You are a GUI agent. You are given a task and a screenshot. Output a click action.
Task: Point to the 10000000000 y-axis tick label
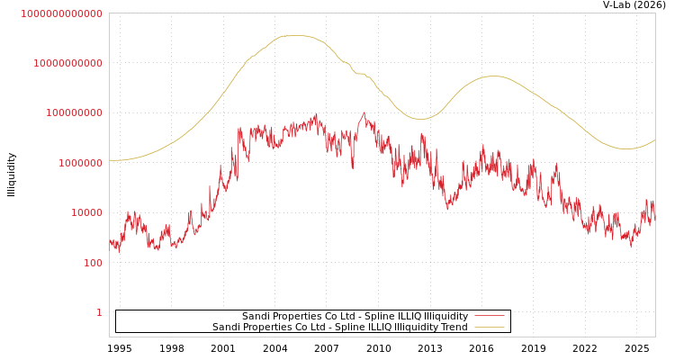[x=67, y=63]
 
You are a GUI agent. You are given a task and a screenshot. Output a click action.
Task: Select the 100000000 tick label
[x=74, y=113]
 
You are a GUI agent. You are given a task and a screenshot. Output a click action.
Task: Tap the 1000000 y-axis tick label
[x=80, y=163]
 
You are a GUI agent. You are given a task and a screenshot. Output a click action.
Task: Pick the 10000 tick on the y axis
[x=86, y=213]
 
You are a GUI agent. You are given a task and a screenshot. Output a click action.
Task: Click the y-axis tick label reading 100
[x=93, y=263]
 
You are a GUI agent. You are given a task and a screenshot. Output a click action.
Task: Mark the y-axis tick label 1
[x=99, y=312]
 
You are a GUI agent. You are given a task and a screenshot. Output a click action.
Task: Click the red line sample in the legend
[x=489, y=316]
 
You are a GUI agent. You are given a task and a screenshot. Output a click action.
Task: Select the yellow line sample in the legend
[x=489, y=327]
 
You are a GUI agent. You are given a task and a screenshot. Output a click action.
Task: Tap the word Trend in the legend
[x=454, y=327]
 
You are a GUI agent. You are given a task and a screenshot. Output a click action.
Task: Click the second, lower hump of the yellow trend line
[x=491, y=76]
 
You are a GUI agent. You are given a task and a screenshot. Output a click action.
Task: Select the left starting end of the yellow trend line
[x=110, y=160]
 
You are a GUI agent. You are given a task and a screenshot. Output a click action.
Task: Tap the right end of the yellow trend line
[x=654, y=139]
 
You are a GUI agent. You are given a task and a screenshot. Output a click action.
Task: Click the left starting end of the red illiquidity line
[x=110, y=241]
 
